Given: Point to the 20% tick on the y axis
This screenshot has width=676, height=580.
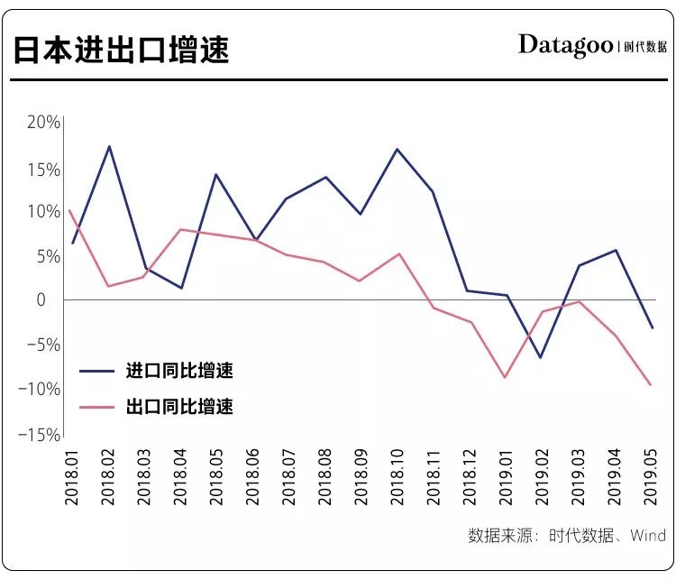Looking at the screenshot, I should coord(42,124).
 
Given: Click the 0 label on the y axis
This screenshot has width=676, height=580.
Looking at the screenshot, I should coord(53,299).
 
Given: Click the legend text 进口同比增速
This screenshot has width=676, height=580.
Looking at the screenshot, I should coord(179,371).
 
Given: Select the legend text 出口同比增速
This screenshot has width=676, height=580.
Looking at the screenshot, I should coord(179,407).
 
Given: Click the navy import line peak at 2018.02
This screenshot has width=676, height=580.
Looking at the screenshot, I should coord(109,146).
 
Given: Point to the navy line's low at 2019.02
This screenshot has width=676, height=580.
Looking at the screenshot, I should coord(541,358).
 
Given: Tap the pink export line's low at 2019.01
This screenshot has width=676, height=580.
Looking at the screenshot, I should coord(505,377).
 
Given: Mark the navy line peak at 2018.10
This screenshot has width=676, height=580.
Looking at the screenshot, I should coord(397,149).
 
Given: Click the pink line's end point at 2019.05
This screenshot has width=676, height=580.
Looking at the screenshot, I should coord(650,385).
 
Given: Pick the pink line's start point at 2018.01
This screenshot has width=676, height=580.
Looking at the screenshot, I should coord(70,210).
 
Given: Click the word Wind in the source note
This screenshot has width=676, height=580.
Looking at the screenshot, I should coord(647,536).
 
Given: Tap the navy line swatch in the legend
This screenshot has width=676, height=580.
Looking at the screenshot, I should coord(96,371).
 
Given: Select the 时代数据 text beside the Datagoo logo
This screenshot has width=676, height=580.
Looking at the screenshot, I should coord(646,46).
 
